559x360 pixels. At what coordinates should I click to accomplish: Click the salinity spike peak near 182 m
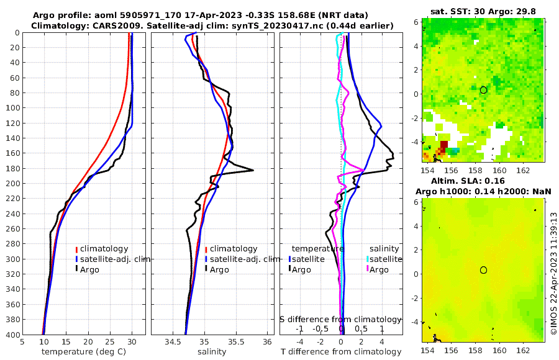click(x=253, y=170)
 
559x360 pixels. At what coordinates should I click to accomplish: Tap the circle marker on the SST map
click(x=483, y=89)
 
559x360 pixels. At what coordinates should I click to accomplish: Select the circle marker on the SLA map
click(x=483, y=269)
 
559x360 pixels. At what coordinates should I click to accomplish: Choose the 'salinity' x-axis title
click(x=212, y=352)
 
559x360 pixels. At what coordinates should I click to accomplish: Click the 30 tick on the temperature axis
click(x=132, y=341)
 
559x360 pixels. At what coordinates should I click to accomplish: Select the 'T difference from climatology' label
click(x=341, y=352)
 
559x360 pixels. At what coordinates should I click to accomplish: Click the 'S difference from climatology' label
click(x=341, y=319)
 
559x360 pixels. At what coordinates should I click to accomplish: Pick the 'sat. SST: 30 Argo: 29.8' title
click(x=483, y=11)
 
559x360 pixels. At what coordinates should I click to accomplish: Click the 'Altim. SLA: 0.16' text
click(x=483, y=180)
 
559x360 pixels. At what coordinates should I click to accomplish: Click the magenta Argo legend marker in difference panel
click(x=368, y=269)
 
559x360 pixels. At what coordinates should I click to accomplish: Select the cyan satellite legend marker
click(x=368, y=259)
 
